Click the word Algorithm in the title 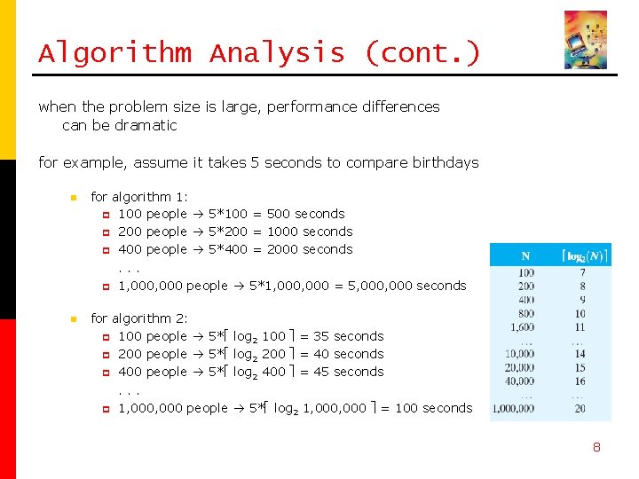tap(114, 53)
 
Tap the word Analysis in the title tap(277, 53)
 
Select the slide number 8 tap(596, 447)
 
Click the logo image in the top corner tap(586, 40)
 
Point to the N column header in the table tap(526, 256)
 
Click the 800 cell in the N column tap(526, 313)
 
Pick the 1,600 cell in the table tap(524, 327)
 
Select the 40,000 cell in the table tap(521, 381)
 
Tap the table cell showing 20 tap(580, 408)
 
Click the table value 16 tap(580, 381)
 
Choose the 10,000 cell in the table tap(521, 354)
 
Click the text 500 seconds tap(305, 214)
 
